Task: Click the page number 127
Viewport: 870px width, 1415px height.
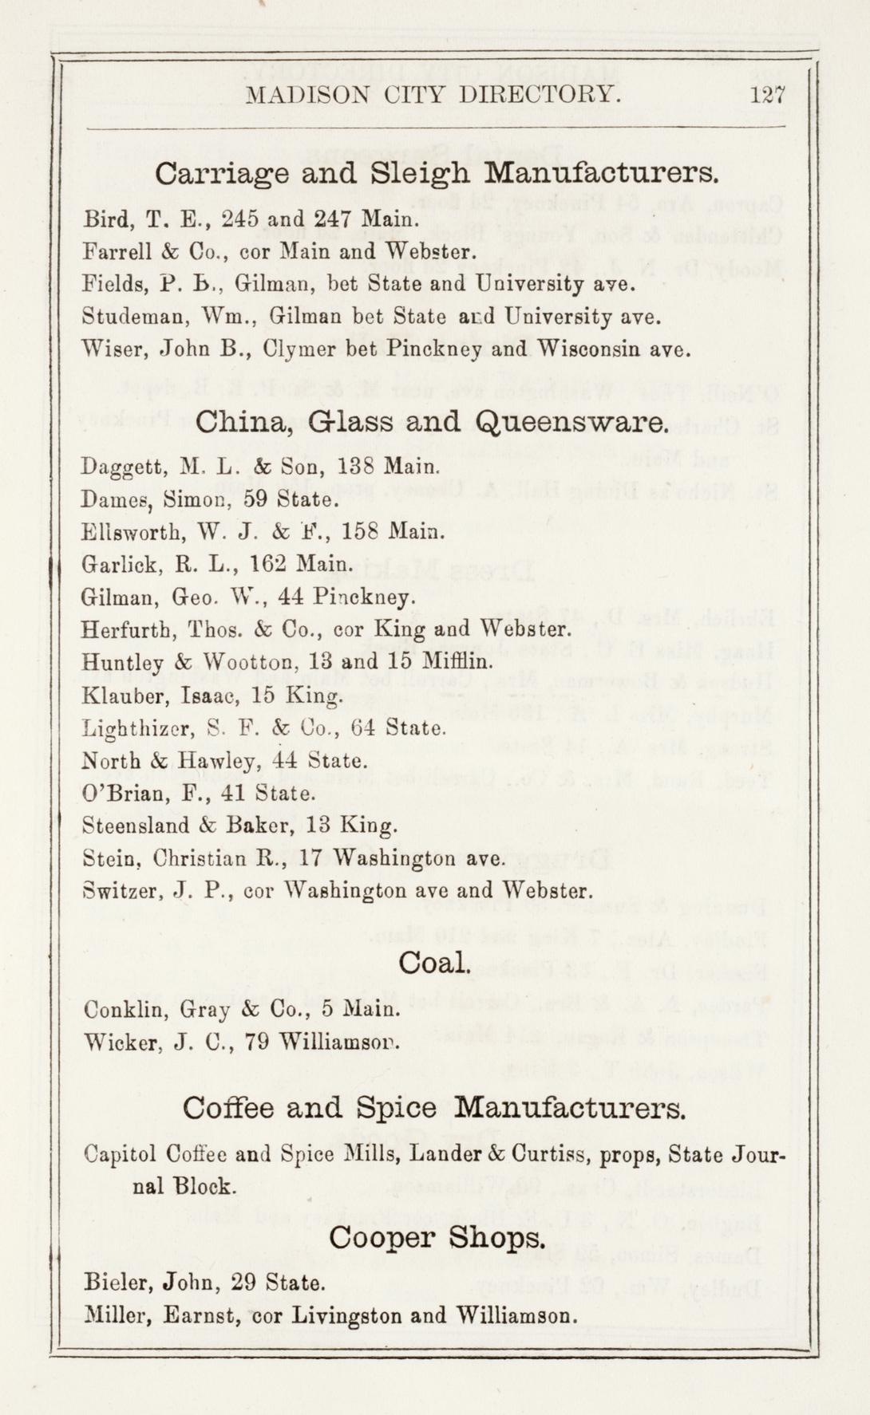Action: (768, 96)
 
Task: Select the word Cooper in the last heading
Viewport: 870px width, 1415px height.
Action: (382, 1238)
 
